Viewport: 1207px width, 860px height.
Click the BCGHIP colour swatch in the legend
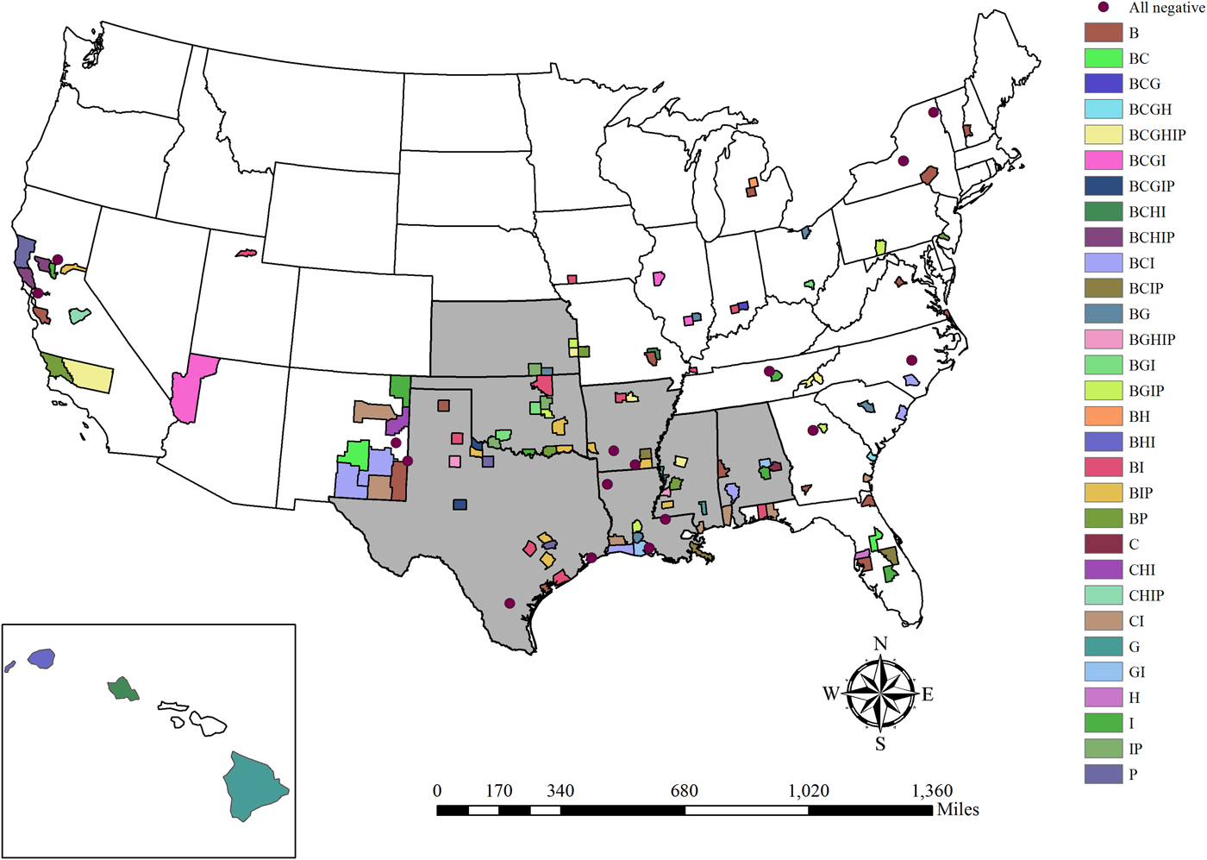pyautogui.click(x=1104, y=135)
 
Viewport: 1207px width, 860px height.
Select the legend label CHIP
pyautogui.click(x=1146, y=595)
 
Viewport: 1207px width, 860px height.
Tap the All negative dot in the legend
pyautogui.click(x=1104, y=7)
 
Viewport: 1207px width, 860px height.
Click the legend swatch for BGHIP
pyautogui.click(x=1104, y=339)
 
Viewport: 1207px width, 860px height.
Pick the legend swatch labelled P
pyautogui.click(x=1104, y=774)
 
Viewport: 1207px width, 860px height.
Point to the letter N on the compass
pyautogui.click(x=880, y=643)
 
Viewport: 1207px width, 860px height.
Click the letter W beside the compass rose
pyautogui.click(x=830, y=694)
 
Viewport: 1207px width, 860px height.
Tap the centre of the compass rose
pyautogui.click(x=880, y=694)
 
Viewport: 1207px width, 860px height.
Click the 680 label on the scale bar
pyautogui.click(x=685, y=791)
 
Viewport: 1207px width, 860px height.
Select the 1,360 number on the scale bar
pyautogui.click(x=932, y=791)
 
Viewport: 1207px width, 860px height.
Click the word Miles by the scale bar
pyautogui.click(x=958, y=810)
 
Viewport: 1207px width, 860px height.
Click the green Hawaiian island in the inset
pyautogui.click(x=122, y=689)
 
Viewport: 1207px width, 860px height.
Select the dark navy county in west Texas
pyautogui.click(x=460, y=505)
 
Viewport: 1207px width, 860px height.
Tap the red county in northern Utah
pyautogui.click(x=246, y=254)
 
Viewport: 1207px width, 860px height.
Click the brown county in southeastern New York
pyautogui.click(x=929, y=175)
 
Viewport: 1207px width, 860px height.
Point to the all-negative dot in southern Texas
pyautogui.click(x=510, y=604)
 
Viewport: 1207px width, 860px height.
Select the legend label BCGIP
pyautogui.click(x=1151, y=185)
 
